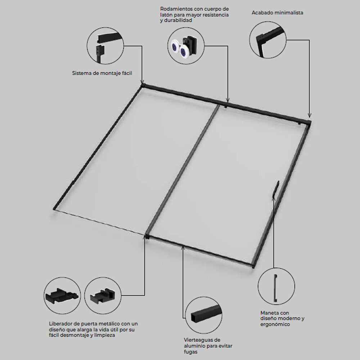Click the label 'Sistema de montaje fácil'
tap(102, 73)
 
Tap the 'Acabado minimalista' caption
tap(277, 13)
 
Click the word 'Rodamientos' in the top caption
tap(176, 9)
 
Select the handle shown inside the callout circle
tap(276, 287)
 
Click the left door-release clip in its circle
tap(62, 296)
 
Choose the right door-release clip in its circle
tap(102, 296)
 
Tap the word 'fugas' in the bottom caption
tap(190, 352)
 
